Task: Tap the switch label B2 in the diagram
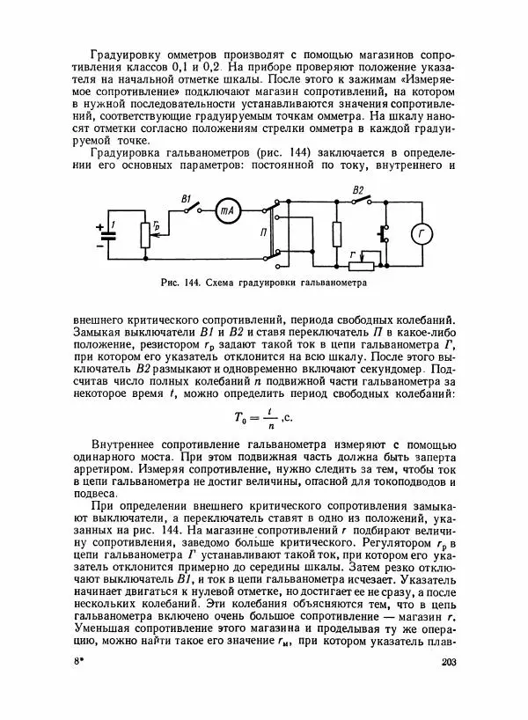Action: (x=357, y=190)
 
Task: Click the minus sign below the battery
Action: (x=99, y=246)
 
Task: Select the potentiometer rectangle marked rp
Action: (x=144, y=235)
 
